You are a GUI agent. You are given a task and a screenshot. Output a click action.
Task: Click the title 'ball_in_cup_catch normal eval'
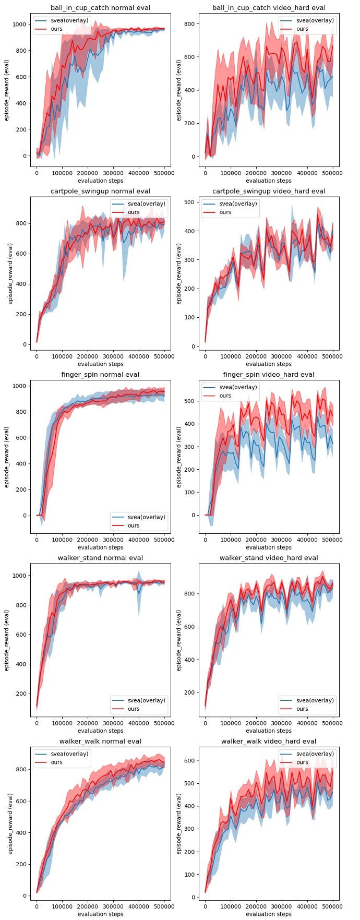click(x=100, y=8)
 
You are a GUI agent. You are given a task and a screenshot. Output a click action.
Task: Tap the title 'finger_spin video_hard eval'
click(x=269, y=375)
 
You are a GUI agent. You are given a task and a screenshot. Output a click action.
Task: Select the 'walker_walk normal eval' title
click(x=100, y=741)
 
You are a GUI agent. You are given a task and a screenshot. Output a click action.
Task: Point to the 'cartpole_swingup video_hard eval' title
click(x=269, y=192)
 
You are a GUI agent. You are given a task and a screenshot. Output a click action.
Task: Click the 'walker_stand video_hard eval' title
click(x=269, y=558)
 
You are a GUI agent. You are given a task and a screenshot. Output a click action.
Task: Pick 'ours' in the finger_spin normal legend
click(x=134, y=525)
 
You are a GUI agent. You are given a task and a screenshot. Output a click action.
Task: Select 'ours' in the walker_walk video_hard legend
click(x=302, y=762)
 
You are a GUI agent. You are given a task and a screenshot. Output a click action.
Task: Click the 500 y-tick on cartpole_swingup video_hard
click(x=190, y=202)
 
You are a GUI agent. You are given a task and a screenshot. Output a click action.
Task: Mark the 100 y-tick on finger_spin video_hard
click(x=190, y=492)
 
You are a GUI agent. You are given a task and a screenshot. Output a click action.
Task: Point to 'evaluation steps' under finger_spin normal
click(x=100, y=547)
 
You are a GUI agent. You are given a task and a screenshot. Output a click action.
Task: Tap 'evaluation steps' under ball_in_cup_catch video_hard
click(x=269, y=181)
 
